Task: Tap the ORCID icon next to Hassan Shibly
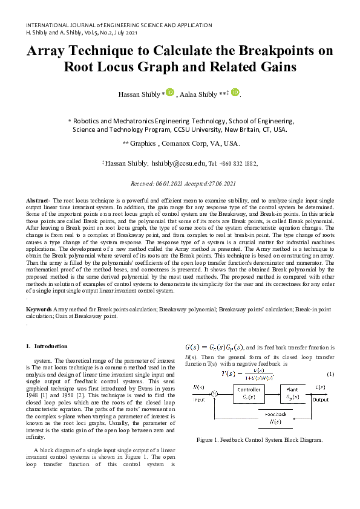170,92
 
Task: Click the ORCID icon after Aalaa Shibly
235,92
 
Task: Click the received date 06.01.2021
172,184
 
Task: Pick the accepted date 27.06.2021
218,184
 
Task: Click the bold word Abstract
38,199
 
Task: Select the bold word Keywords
39,309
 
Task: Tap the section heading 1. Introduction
47,346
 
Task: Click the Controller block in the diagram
249,393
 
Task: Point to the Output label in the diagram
320,400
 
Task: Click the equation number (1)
330,374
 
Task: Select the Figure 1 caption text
260,439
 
